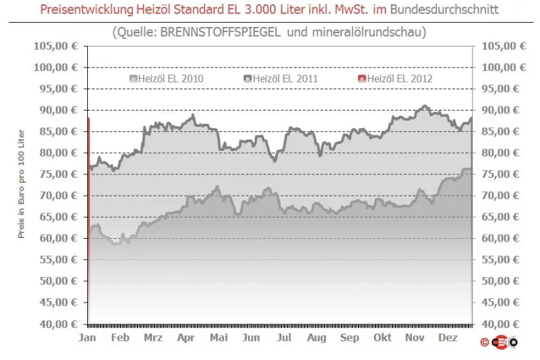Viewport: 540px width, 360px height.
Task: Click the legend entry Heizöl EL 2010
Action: point(167,79)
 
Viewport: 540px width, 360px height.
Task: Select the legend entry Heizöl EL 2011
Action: point(281,79)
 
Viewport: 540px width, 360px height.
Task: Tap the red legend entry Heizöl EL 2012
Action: point(395,79)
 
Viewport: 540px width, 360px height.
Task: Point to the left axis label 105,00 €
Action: point(56,46)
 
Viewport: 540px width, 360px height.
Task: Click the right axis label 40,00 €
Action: point(500,324)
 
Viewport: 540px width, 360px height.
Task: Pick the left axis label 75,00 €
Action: point(59,174)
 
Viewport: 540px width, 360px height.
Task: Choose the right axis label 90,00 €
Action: point(500,111)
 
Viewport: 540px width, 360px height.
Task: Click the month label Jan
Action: point(87,337)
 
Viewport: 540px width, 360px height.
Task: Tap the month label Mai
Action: point(219,337)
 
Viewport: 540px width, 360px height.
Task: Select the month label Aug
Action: point(317,338)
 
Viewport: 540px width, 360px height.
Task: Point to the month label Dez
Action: point(448,337)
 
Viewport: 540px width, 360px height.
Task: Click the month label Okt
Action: point(383,337)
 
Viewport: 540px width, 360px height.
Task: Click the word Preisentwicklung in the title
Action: point(86,10)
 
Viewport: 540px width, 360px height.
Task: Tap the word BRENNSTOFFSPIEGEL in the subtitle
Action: point(220,32)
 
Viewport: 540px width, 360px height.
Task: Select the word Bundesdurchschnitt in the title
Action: point(444,9)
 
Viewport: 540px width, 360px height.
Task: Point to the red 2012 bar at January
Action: point(89,220)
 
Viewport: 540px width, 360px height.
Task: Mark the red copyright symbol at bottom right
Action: point(485,342)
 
